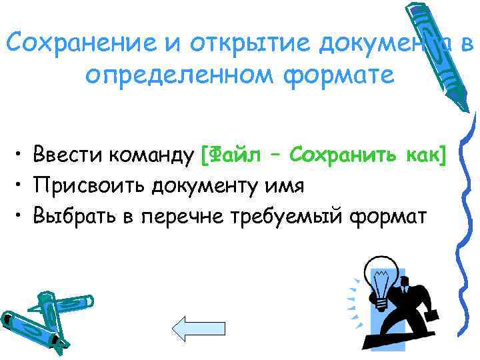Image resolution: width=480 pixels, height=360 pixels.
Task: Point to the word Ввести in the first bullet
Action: click(x=66, y=155)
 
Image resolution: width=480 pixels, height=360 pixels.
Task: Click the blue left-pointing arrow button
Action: click(x=193, y=329)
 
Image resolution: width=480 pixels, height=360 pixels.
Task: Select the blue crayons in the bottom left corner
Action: click(x=37, y=317)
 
